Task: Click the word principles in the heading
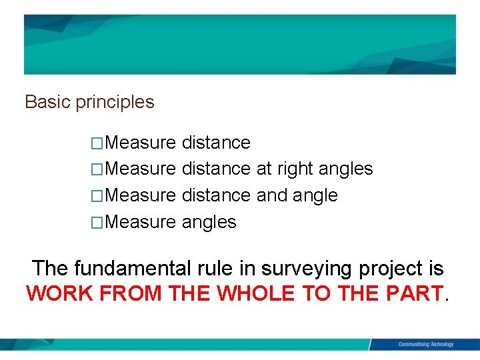[x=115, y=103]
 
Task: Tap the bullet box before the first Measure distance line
[x=98, y=143]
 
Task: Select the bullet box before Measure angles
[x=98, y=223]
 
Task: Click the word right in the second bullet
[x=295, y=169]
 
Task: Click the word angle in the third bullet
[x=315, y=196]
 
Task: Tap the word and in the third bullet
[x=271, y=195]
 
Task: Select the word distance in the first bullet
[x=216, y=143]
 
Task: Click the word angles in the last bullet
[x=209, y=223]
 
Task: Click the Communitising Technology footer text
[x=425, y=344]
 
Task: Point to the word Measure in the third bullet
[x=141, y=196]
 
